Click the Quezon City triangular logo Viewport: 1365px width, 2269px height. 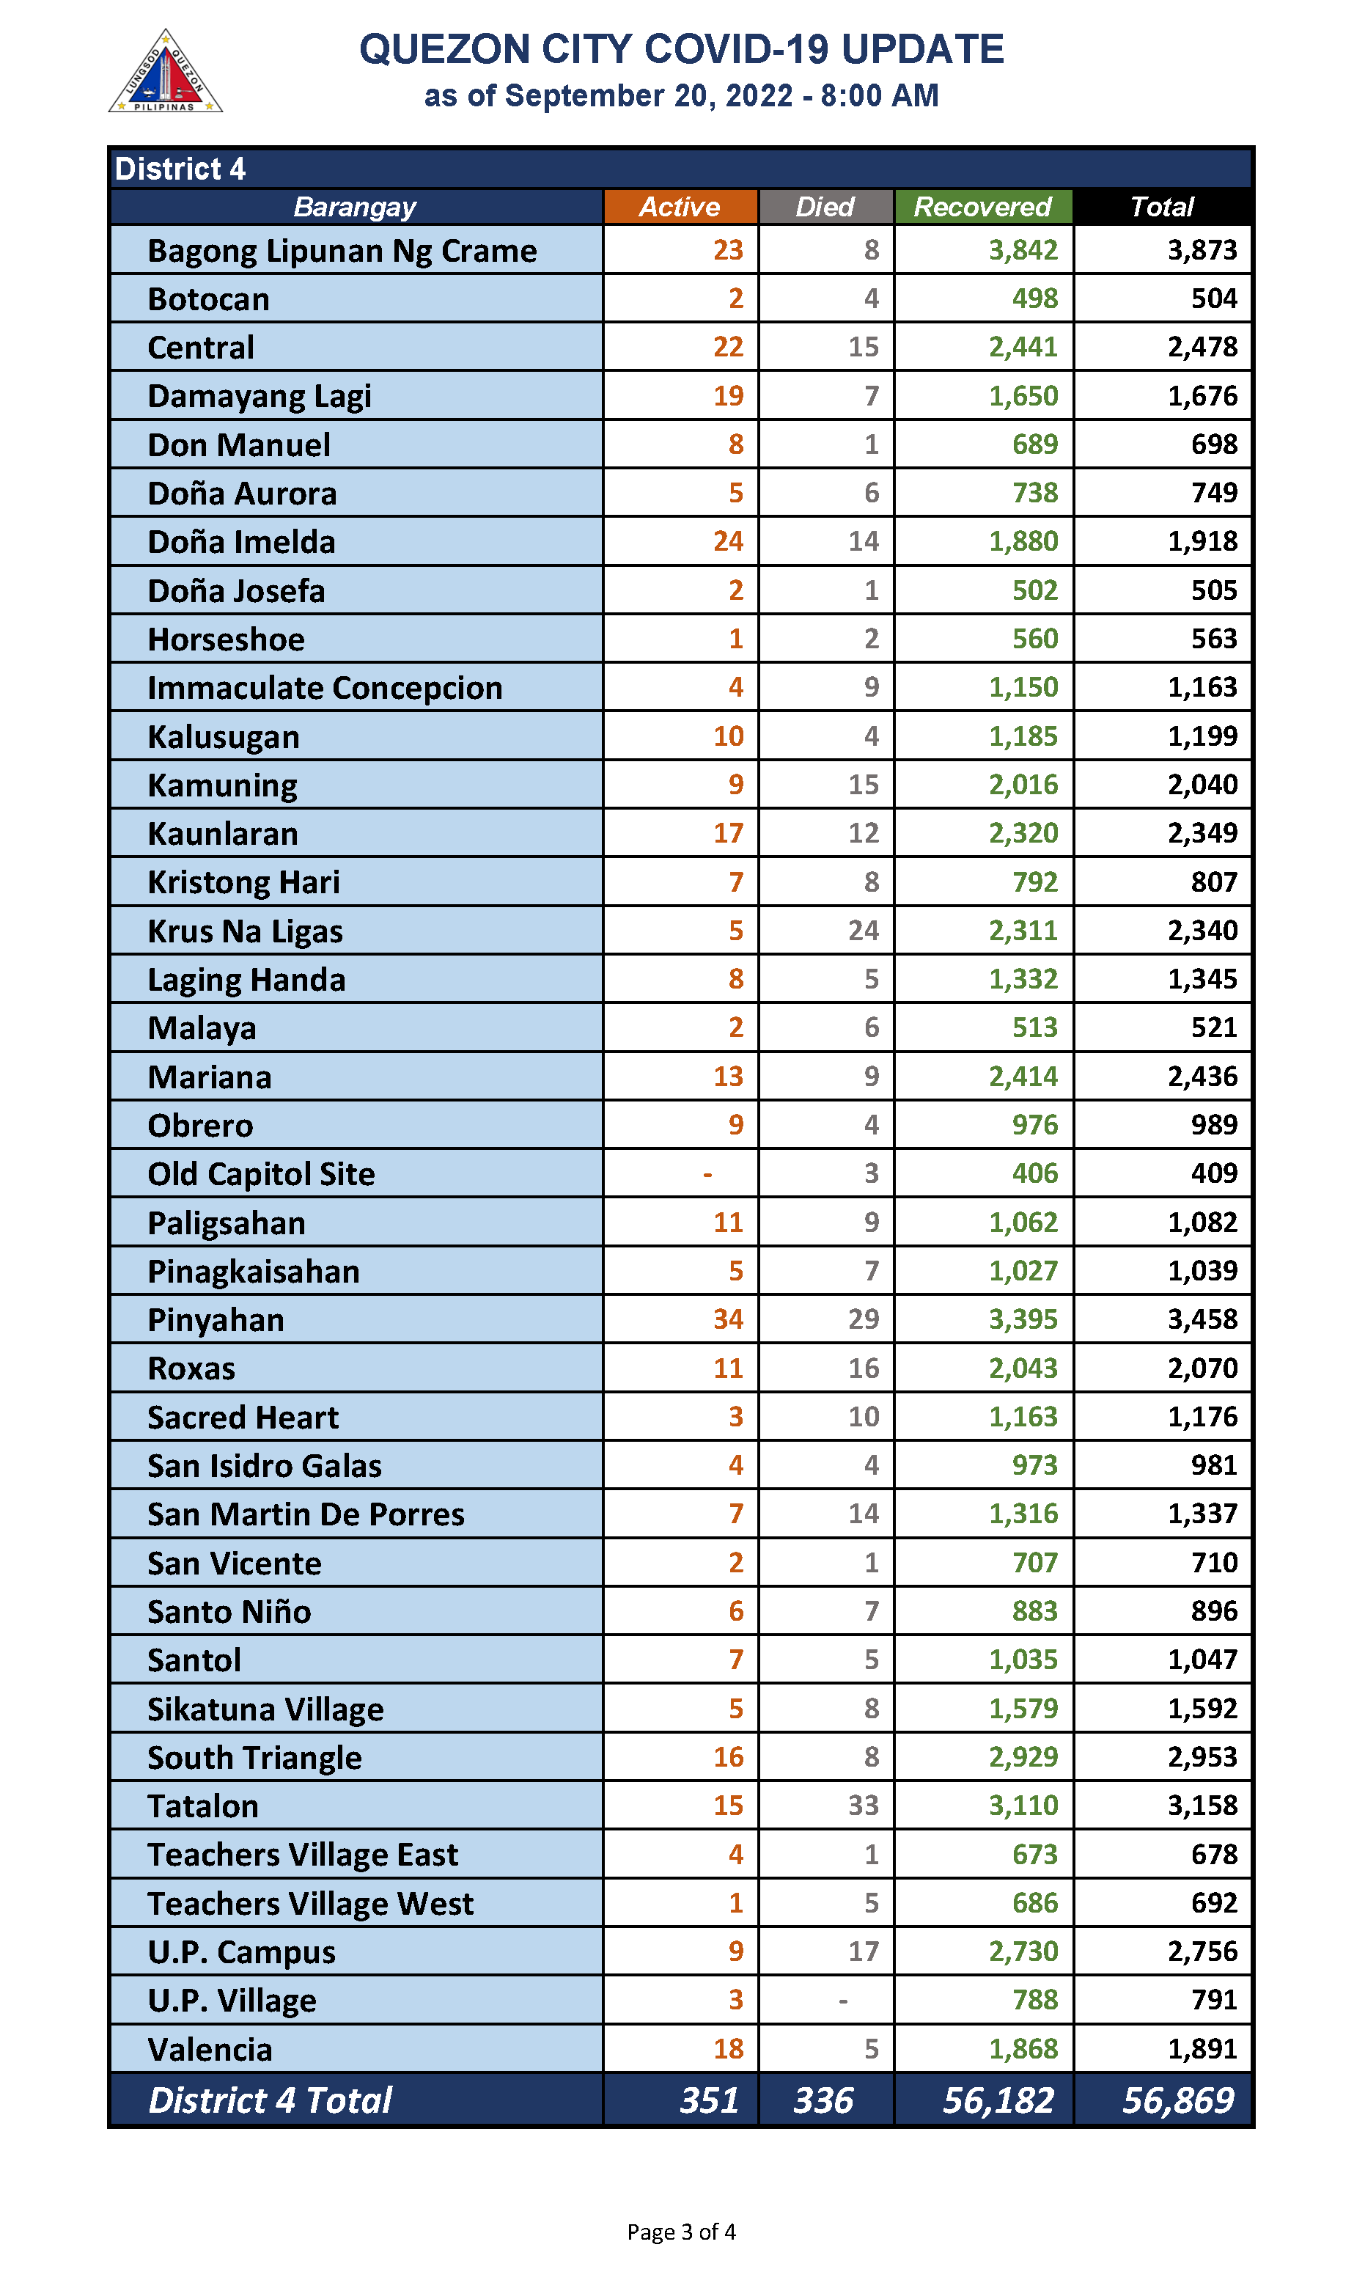[166, 73]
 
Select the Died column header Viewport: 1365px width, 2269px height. [824, 207]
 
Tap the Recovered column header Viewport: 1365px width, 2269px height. [982, 207]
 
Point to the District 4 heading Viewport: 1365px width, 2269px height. [180, 169]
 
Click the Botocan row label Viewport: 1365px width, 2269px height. [209, 300]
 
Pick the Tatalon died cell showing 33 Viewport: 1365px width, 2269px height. [863, 1806]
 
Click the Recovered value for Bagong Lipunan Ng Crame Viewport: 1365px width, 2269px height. [1022, 250]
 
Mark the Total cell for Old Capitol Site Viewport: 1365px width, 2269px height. [1213, 1173]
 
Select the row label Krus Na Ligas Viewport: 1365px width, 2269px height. [245, 931]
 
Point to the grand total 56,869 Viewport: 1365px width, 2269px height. [1177, 2100]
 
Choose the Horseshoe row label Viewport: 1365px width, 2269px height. [227, 639]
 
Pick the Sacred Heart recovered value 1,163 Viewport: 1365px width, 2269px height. [1022, 1417]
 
